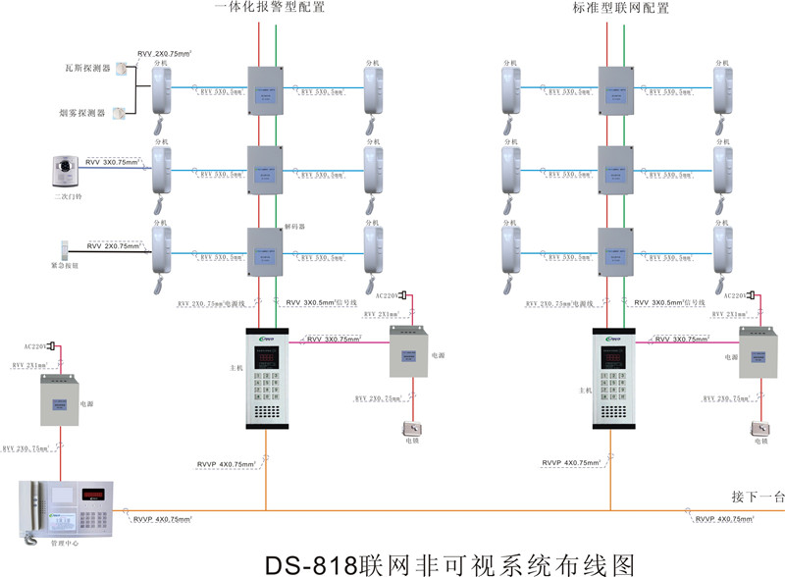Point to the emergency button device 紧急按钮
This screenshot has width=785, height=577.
pos(65,249)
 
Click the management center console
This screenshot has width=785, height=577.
pos(68,507)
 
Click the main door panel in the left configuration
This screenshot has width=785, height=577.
pos(266,377)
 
